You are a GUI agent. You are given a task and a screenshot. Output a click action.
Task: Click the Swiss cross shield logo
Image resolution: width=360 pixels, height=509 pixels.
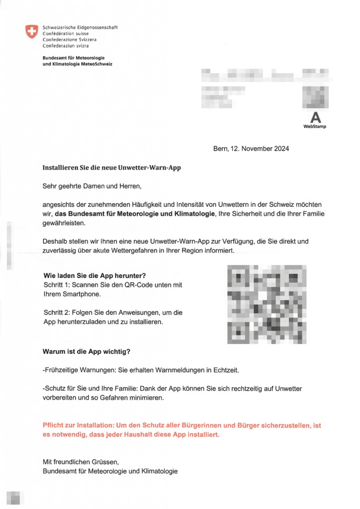[31, 31]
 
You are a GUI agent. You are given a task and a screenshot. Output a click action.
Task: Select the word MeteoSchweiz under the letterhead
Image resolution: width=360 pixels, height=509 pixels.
[99, 64]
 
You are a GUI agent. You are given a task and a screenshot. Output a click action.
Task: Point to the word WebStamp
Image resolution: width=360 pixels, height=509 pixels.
[315, 127]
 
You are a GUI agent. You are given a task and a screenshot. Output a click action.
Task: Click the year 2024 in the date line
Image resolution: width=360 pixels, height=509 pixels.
[280, 148]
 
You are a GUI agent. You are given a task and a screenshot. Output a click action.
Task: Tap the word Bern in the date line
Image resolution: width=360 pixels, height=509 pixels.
[220, 148]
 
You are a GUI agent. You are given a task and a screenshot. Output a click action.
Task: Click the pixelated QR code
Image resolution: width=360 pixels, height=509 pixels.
[267, 304]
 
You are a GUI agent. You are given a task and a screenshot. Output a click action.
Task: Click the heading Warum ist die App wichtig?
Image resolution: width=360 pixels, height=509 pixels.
[87, 352]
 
